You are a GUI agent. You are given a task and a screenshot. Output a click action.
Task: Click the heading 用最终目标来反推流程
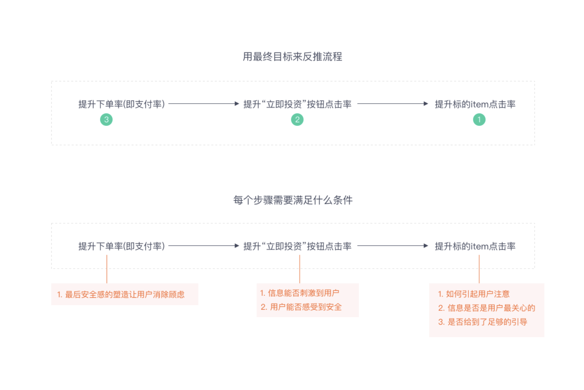coord(292,57)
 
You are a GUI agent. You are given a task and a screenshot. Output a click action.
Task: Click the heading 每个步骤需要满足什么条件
coord(293,200)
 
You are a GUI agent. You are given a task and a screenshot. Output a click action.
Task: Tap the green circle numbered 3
coord(106,120)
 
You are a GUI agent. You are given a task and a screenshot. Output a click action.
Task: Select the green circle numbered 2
coord(297,120)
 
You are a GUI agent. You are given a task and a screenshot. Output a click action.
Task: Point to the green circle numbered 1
coord(479,120)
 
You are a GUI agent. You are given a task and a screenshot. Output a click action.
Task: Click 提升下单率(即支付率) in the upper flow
coord(121,104)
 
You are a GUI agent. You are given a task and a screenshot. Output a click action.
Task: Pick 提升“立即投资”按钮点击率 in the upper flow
coord(297,104)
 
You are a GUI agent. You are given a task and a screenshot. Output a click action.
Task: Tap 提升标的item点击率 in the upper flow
coord(475,104)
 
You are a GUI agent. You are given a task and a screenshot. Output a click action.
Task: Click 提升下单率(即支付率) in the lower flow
coord(121,246)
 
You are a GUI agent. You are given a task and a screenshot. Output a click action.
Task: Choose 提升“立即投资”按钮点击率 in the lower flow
coord(297,246)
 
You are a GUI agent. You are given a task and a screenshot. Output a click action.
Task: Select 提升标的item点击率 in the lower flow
coord(475,246)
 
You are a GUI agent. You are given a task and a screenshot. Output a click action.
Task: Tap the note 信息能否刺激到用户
coord(300,293)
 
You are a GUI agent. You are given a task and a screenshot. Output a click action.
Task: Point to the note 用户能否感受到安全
coord(301,307)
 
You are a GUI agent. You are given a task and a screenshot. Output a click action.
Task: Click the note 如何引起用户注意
coord(474,294)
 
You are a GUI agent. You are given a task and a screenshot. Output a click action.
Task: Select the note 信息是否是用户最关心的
coord(486,308)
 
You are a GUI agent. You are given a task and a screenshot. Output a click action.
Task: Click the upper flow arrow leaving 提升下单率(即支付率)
coord(203,104)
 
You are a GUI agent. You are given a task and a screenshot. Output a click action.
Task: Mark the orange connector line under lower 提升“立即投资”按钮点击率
coord(300,269)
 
